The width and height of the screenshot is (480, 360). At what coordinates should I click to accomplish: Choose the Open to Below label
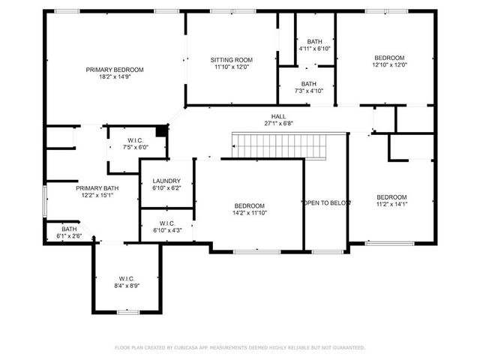pyautogui.click(x=325, y=203)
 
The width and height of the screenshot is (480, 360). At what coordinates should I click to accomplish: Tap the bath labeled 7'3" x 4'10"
pyautogui.click(x=308, y=88)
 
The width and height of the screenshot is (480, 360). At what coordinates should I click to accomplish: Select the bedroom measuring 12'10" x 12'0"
pyautogui.click(x=389, y=61)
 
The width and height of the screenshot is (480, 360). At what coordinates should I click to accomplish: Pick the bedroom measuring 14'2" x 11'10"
pyautogui.click(x=249, y=209)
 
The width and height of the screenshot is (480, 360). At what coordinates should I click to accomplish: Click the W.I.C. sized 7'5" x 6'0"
pyautogui.click(x=135, y=143)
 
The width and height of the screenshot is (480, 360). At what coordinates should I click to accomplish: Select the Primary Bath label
pyautogui.click(x=97, y=192)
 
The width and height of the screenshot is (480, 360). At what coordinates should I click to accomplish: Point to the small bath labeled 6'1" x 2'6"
pyautogui.click(x=69, y=232)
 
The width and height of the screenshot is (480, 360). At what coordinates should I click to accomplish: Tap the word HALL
pyautogui.click(x=278, y=117)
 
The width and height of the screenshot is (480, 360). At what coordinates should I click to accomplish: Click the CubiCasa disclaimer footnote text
pyautogui.click(x=239, y=347)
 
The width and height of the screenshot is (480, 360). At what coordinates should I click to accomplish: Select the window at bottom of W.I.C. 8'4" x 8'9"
pyautogui.click(x=127, y=311)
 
